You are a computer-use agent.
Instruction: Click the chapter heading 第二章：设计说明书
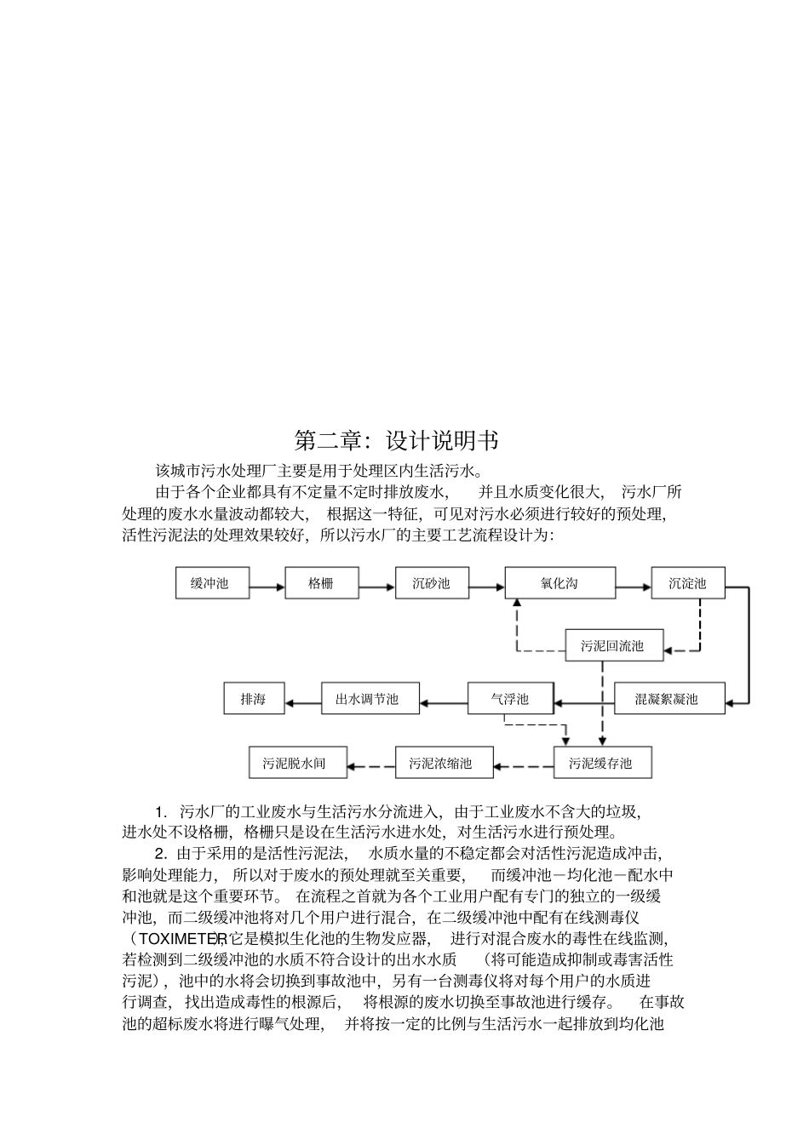396,441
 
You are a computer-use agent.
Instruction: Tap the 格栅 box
322,584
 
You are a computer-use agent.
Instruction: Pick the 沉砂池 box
431,584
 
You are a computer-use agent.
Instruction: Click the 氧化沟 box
559,584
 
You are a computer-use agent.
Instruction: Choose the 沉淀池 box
688,584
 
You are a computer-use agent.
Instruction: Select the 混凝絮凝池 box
669,700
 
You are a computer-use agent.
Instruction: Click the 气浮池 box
510,700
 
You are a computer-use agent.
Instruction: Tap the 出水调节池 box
370,700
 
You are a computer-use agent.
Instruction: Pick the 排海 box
254,700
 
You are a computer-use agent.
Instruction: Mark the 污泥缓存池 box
603,763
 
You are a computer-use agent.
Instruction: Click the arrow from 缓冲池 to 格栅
267,586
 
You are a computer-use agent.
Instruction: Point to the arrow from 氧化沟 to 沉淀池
633,586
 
